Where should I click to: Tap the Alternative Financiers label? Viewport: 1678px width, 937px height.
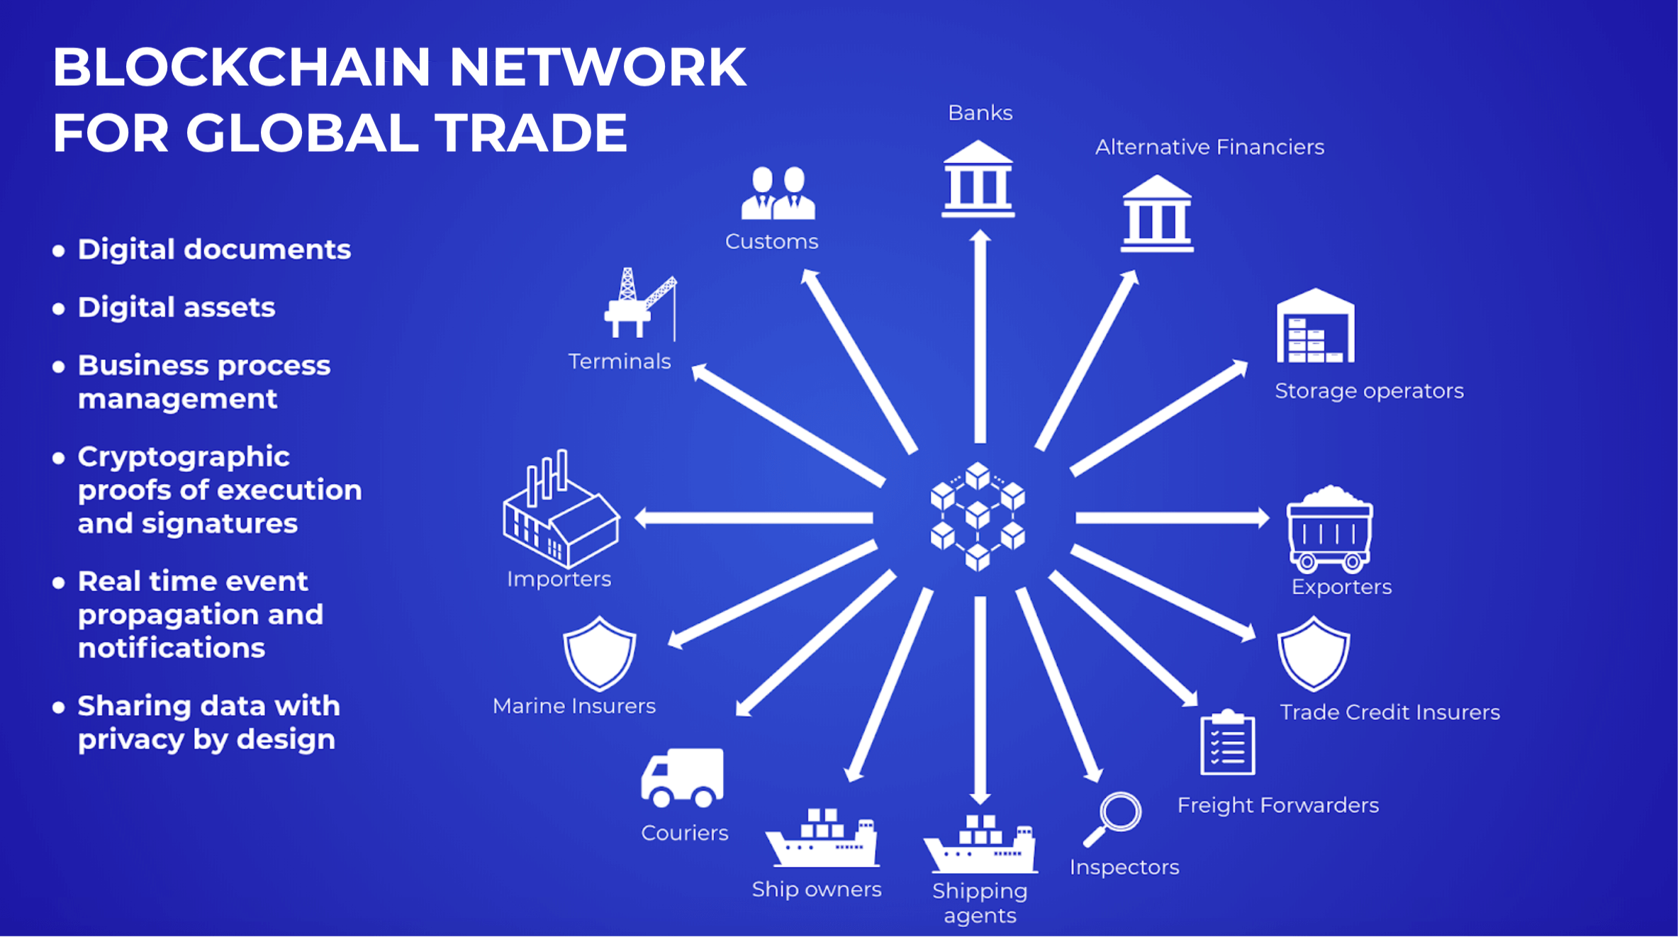pyautogui.click(x=1209, y=147)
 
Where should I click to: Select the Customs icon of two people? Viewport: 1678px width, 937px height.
pyautogui.click(x=778, y=193)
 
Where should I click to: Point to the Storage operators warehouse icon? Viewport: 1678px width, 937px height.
pyautogui.click(x=1315, y=327)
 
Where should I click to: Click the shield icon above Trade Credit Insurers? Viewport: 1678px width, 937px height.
pyautogui.click(x=1313, y=653)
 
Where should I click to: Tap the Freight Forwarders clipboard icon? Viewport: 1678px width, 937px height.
pyautogui.click(x=1227, y=743)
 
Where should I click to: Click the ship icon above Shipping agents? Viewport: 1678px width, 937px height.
pyautogui.click(x=980, y=845)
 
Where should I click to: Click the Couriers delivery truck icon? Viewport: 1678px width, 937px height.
pyautogui.click(x=682, y=778)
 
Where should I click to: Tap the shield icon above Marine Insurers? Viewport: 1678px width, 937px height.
pyautogui.click(x=599, y=653)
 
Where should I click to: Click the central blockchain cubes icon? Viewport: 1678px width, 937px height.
pyautogui.click(x=978, y=516)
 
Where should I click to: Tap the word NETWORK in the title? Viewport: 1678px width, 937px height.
pyautogui.click(x=597, y=67)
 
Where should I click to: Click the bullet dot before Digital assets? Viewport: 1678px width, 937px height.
pyautogui.click(x=59, y=308)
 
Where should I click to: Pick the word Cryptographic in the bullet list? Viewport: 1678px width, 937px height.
pyautogui.click(x=184, y=457)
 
